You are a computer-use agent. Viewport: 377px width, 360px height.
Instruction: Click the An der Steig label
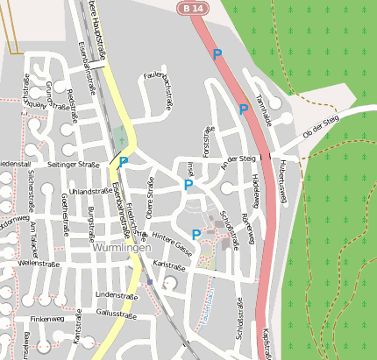238,159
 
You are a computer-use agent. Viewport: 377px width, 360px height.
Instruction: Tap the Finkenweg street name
47,320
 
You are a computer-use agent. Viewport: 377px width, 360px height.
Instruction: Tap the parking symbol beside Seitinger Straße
124,162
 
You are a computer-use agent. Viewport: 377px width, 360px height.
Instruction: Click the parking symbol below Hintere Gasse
196,234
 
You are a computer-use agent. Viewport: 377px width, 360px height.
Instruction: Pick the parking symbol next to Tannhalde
244,109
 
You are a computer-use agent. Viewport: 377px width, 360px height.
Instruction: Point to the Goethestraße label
63,209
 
